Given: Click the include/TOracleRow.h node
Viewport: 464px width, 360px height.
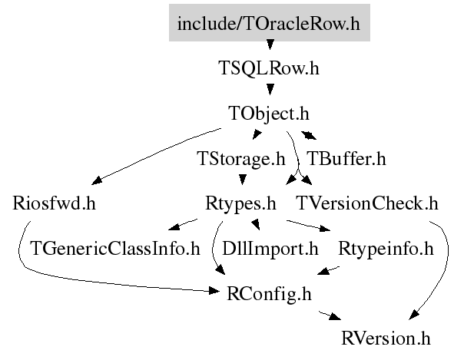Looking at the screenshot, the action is [x=270, y=22].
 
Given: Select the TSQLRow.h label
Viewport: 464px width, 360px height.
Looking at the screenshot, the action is [x=269, y=68].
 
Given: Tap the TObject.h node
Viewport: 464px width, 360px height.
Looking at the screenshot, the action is [x=269, y=114].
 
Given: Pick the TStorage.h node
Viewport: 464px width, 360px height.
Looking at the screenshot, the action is [x=241, y=159].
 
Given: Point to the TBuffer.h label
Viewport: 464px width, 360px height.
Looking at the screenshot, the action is [x=346, y=158].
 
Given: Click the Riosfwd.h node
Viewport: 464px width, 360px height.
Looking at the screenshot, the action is [x=54, y=203].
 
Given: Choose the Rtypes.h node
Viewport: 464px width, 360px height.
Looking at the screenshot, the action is [x=240, y=204].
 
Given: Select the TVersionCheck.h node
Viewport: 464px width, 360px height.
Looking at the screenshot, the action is [x=367, y=203].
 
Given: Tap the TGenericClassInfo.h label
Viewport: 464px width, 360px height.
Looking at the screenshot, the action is [x=115, y=249].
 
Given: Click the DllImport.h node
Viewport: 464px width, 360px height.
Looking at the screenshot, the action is [x=270, y=249].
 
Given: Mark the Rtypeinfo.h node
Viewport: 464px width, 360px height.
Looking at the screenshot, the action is [x=386, y=249].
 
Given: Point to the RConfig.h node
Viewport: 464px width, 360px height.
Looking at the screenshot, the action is [x=269, y=294].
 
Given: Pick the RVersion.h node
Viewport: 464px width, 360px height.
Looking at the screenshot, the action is [x=386, y=339].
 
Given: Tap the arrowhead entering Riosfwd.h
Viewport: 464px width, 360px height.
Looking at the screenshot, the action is [x=97, y=180].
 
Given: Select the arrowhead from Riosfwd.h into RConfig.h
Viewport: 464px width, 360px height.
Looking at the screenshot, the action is [x=214, y=291].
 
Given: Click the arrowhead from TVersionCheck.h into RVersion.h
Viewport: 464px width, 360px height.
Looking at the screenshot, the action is [x=414, y=315].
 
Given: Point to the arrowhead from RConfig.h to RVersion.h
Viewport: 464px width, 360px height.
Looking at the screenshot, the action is [x=336, y=316].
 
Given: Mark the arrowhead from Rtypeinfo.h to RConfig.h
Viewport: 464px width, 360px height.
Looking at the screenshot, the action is [x=323, y=271].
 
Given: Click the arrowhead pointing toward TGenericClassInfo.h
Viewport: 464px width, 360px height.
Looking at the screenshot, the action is [x=174, y=226].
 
